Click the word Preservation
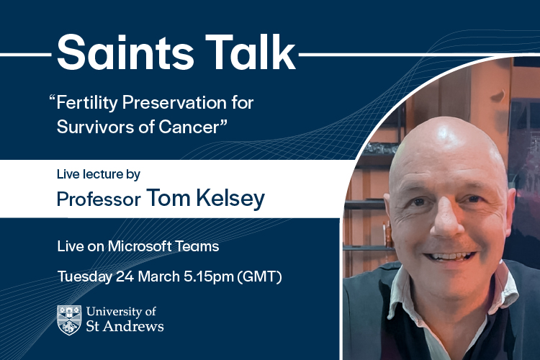click(x=183, y=103)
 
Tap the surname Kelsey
click(x=229, y=197)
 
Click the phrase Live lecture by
click(x=98, y=174)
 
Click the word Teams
click(x=199, y=246)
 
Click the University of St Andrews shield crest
click(x=68, y=320)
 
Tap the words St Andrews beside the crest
click(x=125, y=327)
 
